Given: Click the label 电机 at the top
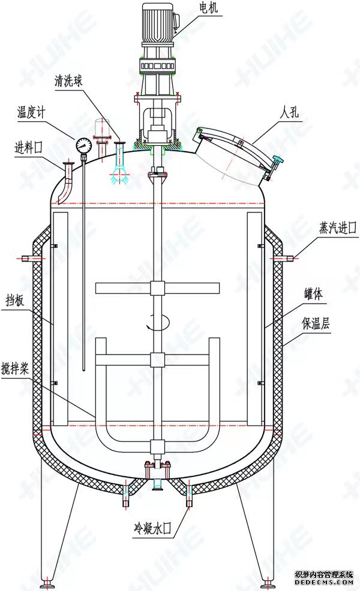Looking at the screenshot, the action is (x=209, y=8).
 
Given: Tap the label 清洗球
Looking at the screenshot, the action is (x=68, y=80).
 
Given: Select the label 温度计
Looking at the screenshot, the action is (x=31, y=112).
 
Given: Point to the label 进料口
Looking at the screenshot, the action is (x=28, y=147).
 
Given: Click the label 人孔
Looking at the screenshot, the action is (x=289, y=112).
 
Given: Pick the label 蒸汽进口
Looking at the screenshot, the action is (x=338, y=227).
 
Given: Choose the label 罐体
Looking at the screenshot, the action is (x=314, y=293).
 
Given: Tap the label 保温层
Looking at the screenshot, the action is (x=316, y=323).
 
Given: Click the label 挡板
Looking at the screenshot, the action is (x=15, y=301).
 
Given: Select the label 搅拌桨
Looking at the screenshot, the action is (x=15, y=368).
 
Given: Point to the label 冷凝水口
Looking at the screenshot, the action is (x=152, y=529).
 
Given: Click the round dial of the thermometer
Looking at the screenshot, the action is (x=83, y=145).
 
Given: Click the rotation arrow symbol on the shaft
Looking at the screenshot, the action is (x=158, y=323).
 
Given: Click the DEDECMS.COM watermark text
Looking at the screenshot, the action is (x=324, y=583).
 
